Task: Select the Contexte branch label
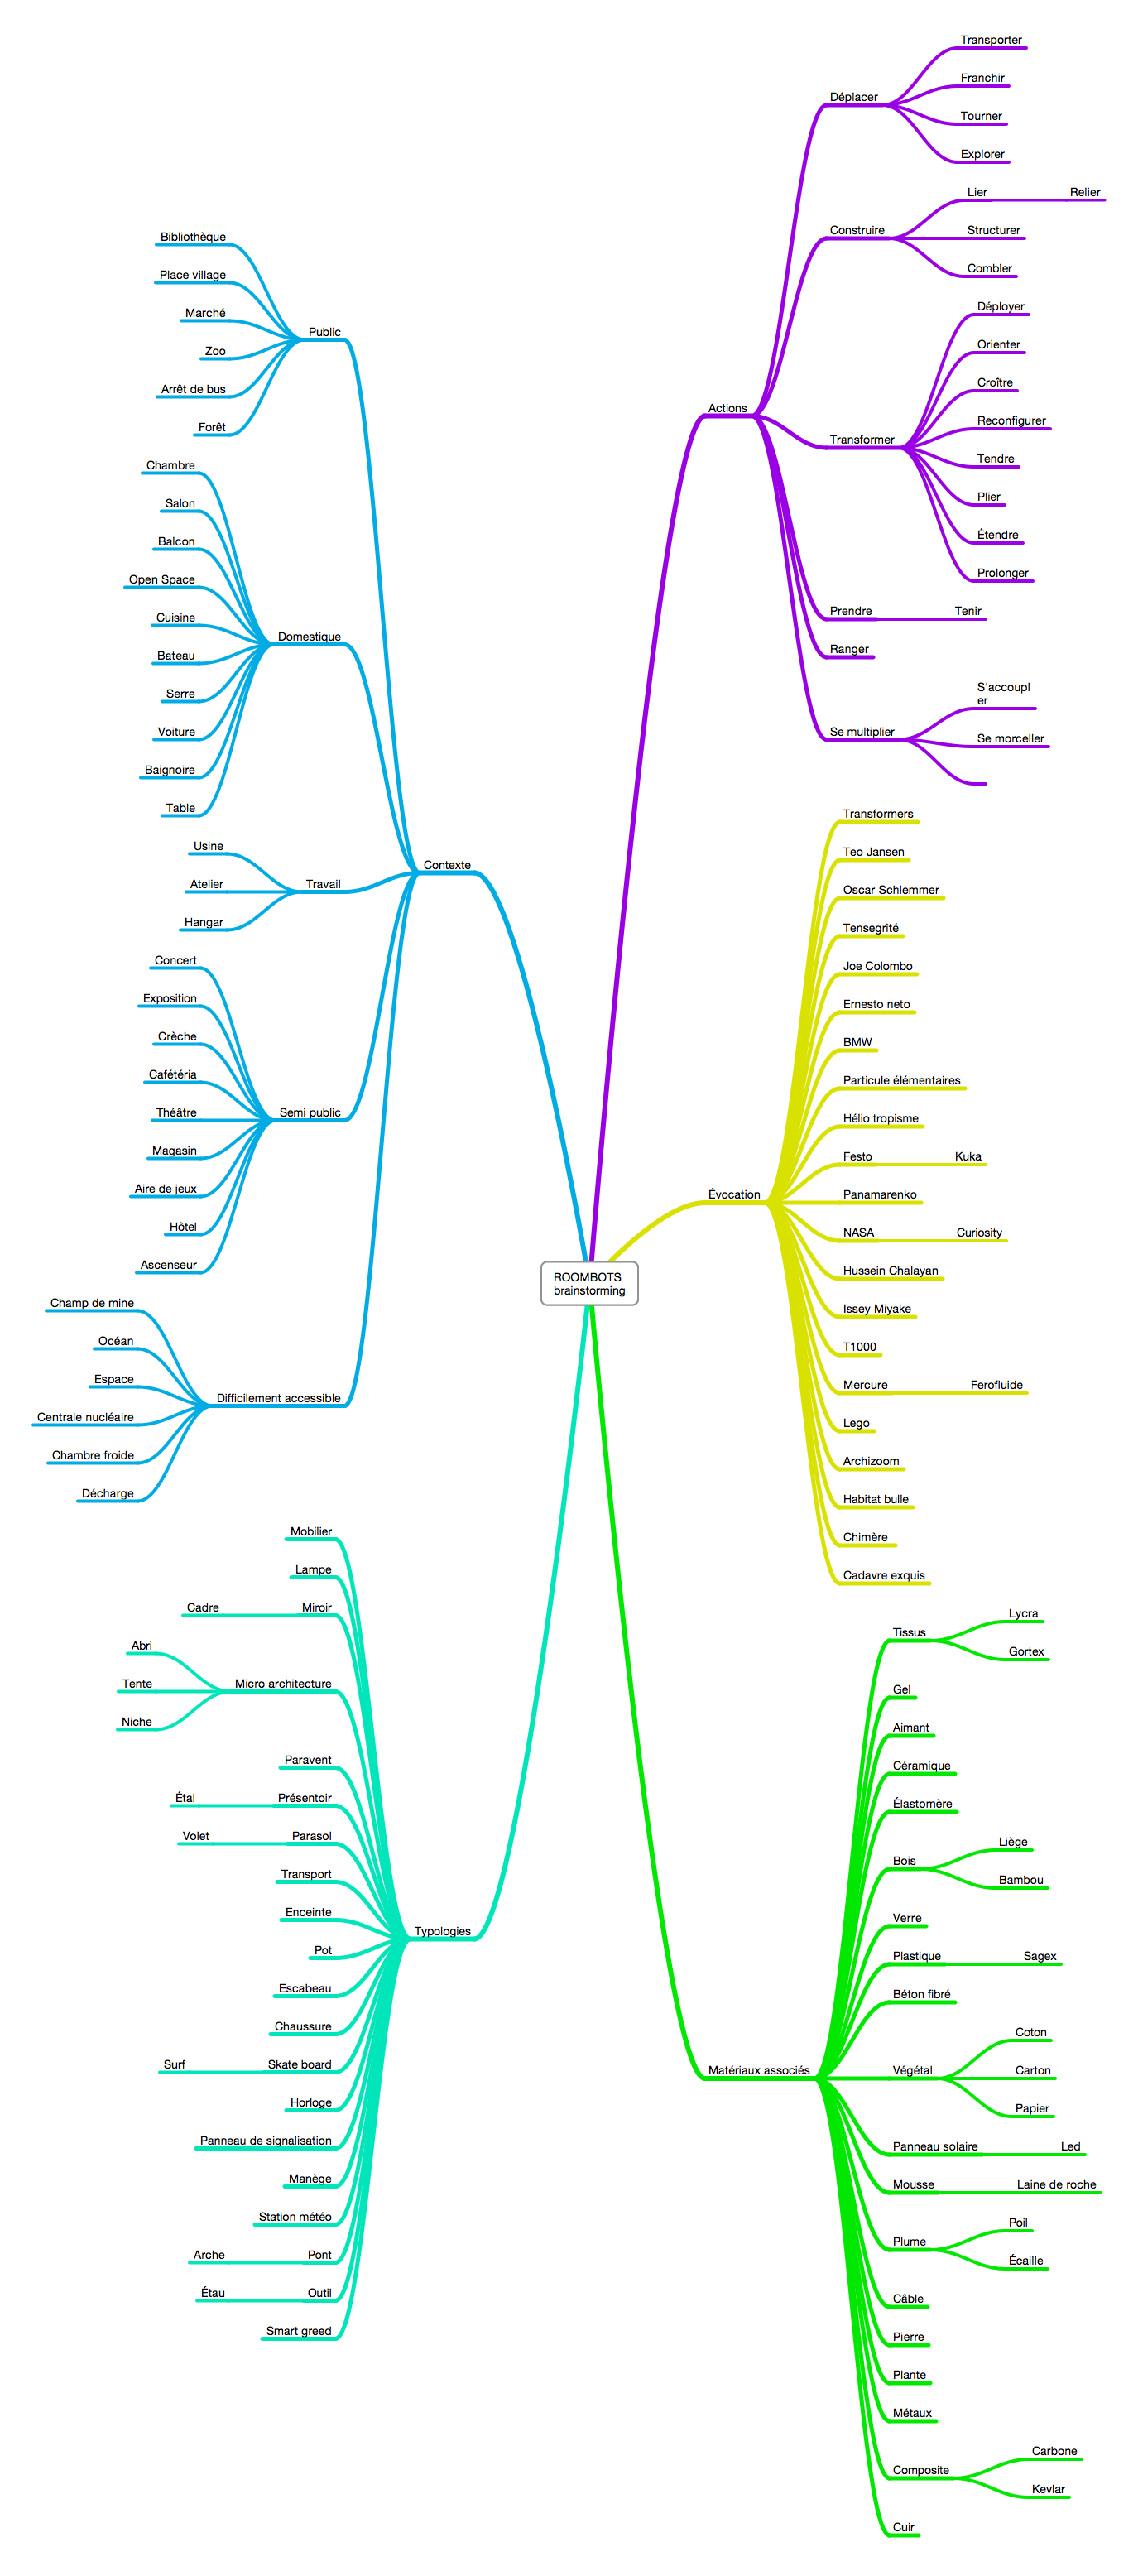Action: [446, 865]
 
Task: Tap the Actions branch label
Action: [727, 408]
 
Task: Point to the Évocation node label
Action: [734, 1194]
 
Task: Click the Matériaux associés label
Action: [759, 2070]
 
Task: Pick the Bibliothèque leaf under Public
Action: [193, 238]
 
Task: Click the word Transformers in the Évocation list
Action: [877, 815]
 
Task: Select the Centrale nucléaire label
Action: [85, 1417]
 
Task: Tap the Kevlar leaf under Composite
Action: [1048, 2489]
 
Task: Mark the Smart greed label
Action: [299, 2332]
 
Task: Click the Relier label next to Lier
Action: [1085, 193]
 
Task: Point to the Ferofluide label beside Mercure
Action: [996, 1386]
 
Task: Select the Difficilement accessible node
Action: [279, 1398]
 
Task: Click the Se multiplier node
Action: [862, 732]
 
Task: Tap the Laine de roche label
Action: [1056, 2184]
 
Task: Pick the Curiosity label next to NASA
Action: [979, 1233]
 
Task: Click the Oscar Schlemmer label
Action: [891, 891]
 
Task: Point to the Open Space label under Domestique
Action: [161, 580]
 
